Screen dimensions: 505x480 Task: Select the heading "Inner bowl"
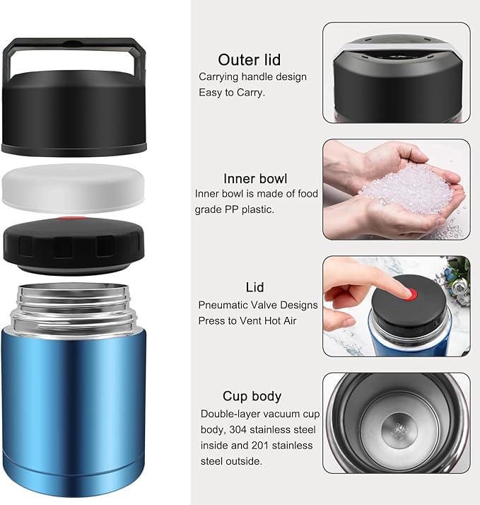coord(255,178)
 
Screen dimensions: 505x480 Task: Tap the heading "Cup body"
coord(252,396)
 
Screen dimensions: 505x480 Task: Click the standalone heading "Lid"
coord(254,287)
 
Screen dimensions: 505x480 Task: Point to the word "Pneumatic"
coord(225,306)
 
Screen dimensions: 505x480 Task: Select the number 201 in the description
coord(271,446)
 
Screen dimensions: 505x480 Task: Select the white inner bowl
coord(74,188)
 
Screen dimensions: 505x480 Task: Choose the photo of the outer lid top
coord(396,72)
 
